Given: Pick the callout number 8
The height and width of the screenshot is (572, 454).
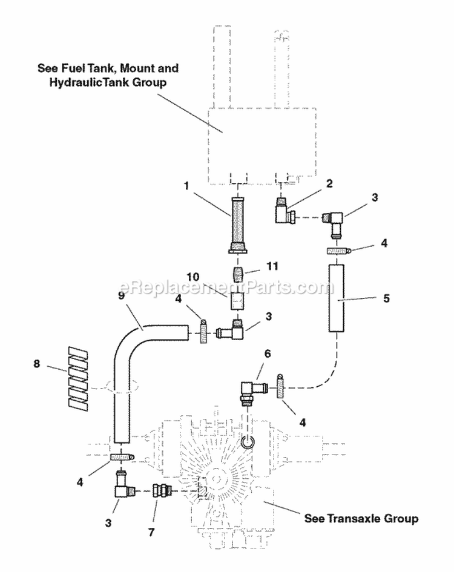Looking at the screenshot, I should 38,365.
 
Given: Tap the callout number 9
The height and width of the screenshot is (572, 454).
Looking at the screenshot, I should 122,297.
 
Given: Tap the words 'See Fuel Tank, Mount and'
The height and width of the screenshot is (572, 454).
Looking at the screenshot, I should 106,68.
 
